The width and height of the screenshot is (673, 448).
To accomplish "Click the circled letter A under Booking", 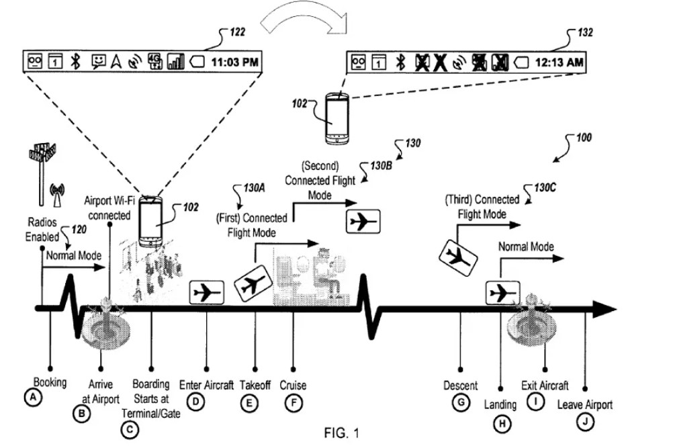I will click(x=30, y=397).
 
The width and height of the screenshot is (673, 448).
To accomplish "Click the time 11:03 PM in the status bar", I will click(x=234, y=62).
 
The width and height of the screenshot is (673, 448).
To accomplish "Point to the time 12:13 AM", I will click(x=559, y=62).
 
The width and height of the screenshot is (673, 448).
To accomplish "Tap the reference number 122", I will click(x=236, y=32).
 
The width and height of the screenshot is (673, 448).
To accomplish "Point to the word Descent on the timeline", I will click(x=461, y=386).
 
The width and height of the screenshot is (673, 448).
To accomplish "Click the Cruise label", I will click(x=293, y=386).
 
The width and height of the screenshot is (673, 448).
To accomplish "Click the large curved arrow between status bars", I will click(x=302, y=24).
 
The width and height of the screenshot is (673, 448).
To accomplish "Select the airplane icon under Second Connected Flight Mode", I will click(x=363, y=221).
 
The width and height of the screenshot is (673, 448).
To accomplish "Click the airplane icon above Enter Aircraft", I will click(x=206, y=292).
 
